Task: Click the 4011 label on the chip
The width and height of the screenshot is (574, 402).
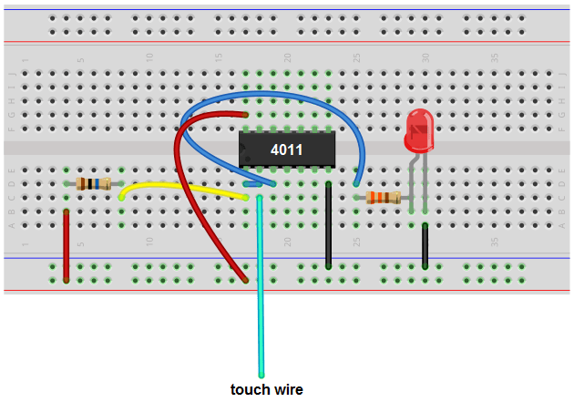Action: pos(287,148)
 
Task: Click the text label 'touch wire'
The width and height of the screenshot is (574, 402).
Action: pos(266,389)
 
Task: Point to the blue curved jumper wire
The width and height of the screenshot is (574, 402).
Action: pos(273,93)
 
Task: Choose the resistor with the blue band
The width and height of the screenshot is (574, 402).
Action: pos(93,183)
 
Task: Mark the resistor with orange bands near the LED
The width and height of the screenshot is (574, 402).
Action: pos(383,197)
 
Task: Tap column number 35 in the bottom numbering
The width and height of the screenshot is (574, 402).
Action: pos(494,242)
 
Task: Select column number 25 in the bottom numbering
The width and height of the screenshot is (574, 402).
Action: pos(356,242)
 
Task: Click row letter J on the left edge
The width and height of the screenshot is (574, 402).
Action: pos(11,74)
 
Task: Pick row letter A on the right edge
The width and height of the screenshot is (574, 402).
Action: pos(562,224)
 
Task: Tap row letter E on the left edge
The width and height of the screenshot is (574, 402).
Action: pos(11,170)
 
